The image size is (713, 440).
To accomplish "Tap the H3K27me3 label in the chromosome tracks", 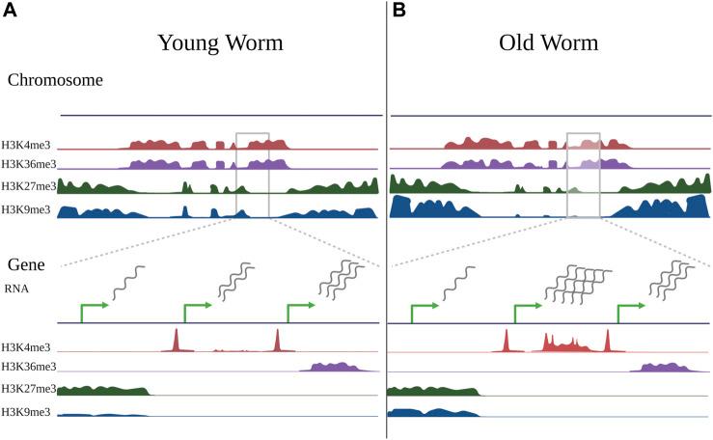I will (x=30, y=186).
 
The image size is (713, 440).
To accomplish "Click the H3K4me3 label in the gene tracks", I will (x=27, y=345).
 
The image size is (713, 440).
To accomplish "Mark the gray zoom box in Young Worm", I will (x=252, y=174).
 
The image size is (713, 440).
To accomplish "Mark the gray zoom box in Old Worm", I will (x=583, y=174).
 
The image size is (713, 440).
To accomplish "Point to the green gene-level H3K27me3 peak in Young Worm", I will (x=101, y=390).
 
